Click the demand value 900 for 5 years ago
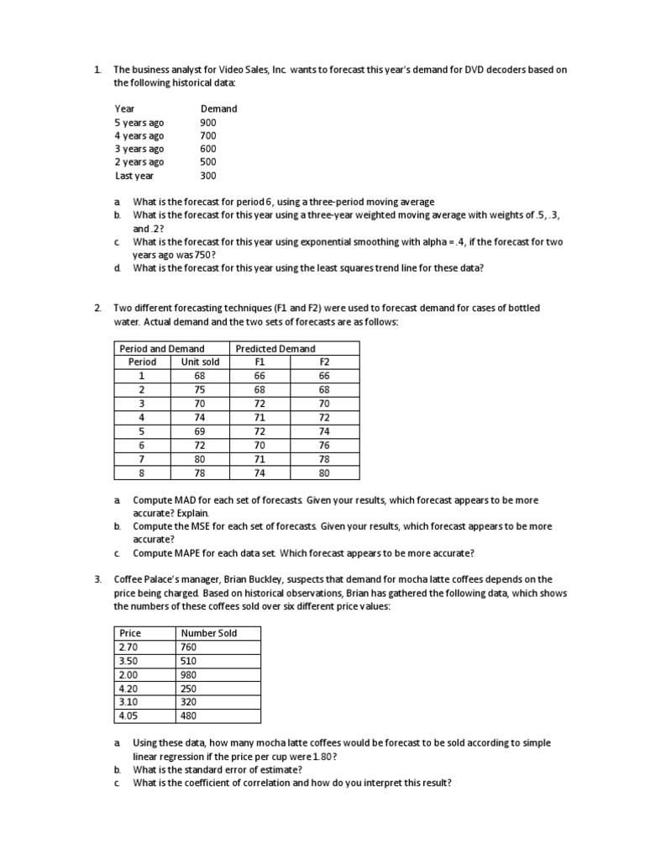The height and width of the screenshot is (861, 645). [207, 122]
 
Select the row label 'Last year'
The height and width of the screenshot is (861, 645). [134, 176]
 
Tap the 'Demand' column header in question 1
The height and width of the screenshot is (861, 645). [218, 108]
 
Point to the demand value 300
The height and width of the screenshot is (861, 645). [207, 176]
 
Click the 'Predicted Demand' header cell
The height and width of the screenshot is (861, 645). [275, 348]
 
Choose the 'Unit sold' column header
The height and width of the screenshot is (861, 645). [200, 362]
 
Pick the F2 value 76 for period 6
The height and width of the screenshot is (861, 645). [324, 446]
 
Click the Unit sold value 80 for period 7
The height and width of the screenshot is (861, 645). [200, 459]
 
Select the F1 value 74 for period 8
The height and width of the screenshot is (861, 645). [259, 473]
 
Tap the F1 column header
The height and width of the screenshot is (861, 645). [259, 362]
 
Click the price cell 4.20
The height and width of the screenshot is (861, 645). [128, 689]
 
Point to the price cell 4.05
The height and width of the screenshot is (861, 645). [128, 716]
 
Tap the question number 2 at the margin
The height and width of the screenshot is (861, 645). [97, 308]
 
